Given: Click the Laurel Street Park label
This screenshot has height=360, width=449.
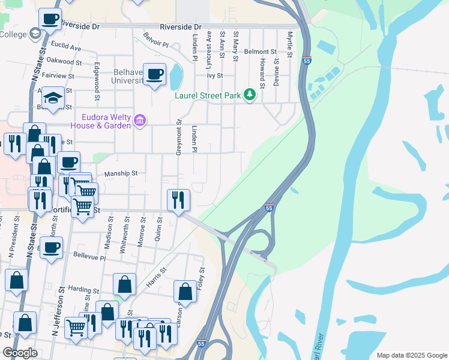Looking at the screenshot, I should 207,95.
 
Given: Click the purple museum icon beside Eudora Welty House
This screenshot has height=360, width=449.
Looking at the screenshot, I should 140,121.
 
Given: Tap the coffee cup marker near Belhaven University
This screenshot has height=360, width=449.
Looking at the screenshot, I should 155,74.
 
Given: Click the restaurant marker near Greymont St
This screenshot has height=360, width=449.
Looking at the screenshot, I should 178,200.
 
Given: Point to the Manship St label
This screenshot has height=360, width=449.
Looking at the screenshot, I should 121,173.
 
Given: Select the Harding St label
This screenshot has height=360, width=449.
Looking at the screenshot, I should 79,289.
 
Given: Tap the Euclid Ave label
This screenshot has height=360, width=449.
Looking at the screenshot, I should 67,47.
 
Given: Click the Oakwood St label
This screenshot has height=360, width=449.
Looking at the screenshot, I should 64,61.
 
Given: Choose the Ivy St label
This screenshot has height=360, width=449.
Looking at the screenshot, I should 215,76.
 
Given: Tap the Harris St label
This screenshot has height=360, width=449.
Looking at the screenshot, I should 155,275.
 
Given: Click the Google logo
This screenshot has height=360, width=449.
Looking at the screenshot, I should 20,353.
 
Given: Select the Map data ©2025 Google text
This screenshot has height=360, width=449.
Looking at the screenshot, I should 411,355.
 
